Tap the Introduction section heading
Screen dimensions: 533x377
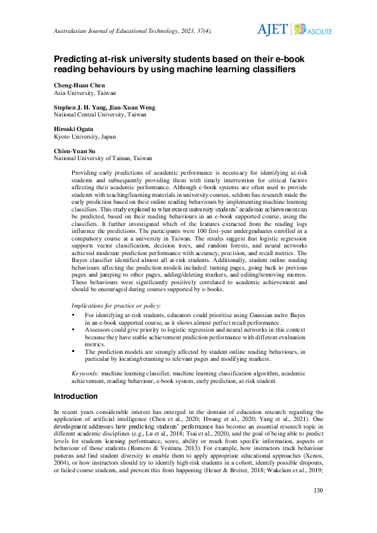tap(75, 396)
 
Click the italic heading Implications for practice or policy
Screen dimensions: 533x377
tap(117, 305)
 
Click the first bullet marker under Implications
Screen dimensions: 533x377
tap(73, 315)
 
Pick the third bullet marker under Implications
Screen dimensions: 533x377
tap(73, 350)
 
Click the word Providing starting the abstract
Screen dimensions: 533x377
tap(86, 172)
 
